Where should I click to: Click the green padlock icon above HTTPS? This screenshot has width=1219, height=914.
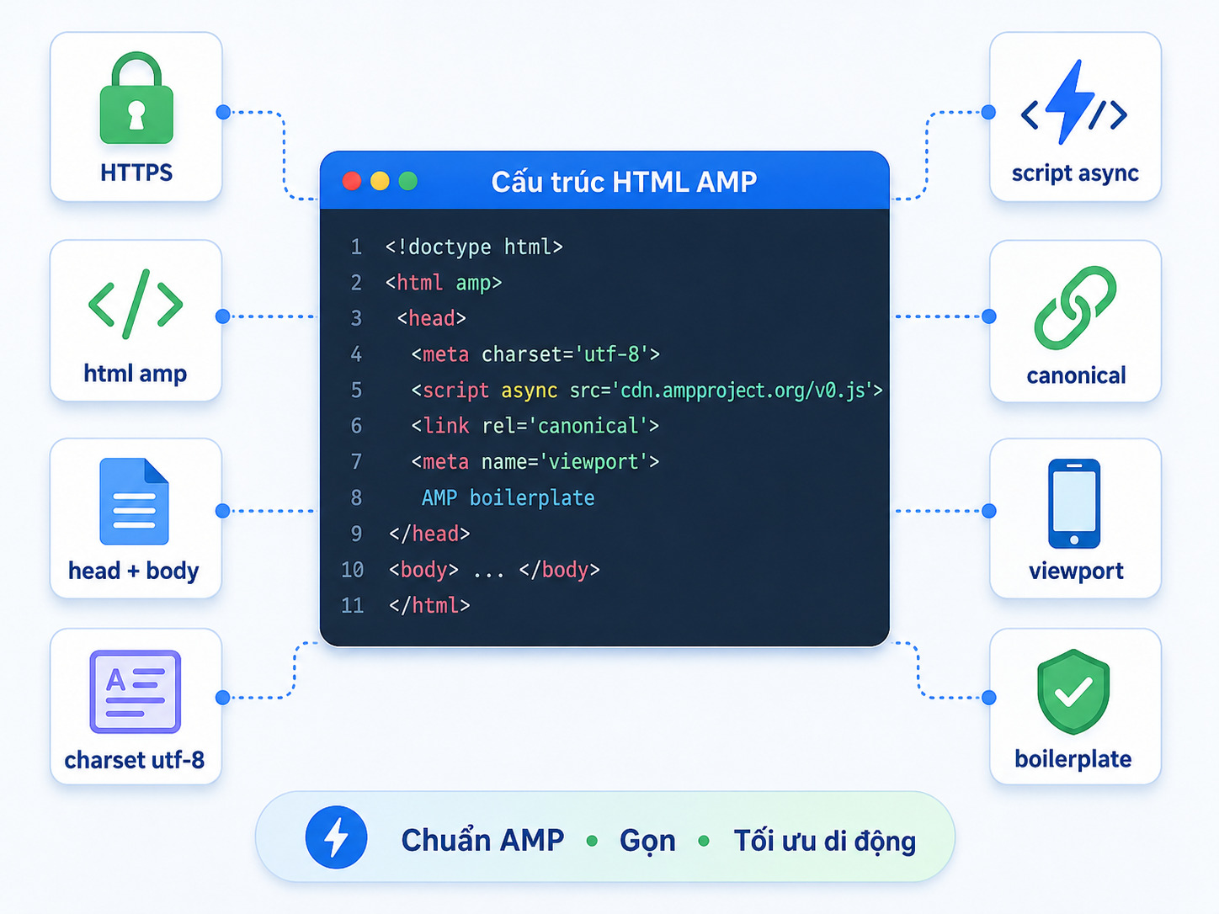[136, 98]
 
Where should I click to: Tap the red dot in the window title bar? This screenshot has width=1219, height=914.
[352, 181]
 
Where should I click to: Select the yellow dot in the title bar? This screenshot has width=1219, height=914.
[380, 181]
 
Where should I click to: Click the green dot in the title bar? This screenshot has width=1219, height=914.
[408, 181]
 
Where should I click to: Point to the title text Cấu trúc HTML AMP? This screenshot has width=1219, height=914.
[624, 182]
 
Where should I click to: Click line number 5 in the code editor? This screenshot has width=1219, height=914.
[356, 391]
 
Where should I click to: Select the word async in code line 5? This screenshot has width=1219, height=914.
[529, 391]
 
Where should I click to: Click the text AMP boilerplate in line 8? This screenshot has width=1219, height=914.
[508, 497]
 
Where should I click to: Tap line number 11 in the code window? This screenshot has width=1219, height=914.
[353, 605]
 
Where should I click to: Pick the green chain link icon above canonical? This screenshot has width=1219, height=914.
[1074, 307]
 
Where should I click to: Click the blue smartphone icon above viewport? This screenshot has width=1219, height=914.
[1074, 503]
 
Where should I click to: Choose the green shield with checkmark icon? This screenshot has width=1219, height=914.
[1073, 692]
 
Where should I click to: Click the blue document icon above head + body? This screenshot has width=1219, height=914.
[134, 501]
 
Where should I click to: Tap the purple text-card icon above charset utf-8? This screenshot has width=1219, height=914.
[136, 692]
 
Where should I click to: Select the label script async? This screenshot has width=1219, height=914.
[1075, 173]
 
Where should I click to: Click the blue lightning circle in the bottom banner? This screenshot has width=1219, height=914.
[336, 837]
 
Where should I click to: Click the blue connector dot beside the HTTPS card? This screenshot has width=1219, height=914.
[223, 112]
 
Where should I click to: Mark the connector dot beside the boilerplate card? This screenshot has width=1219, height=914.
[988, 698]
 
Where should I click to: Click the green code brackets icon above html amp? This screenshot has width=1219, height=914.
[136, 304]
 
